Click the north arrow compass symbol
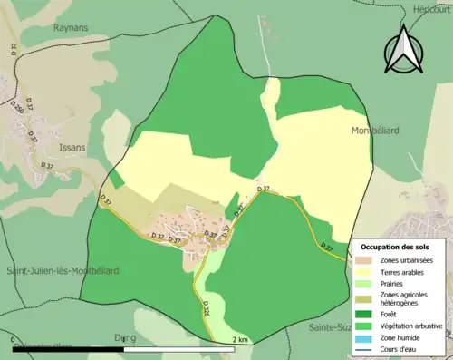point(403,51)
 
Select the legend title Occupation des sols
point(395,246)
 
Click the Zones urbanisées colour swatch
point(367,260)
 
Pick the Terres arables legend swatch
point(367,271)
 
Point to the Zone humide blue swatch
point(367,336)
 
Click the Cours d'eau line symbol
point(367,347)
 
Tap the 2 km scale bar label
point(240,339)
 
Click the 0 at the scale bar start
point(14,339)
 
